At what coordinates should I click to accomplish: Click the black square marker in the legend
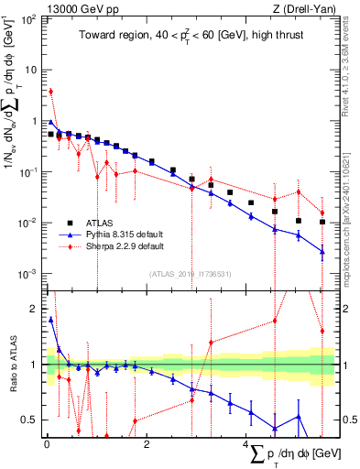pos(69,222)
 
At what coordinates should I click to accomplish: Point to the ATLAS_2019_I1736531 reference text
pos(189,273)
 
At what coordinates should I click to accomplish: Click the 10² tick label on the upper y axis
pos(30,18)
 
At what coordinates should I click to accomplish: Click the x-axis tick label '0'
pos(47,444)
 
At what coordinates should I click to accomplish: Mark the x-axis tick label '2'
pos(147,444)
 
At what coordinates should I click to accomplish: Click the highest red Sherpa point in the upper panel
pos(51,91)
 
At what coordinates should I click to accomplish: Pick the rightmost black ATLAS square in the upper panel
pos(322,222)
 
